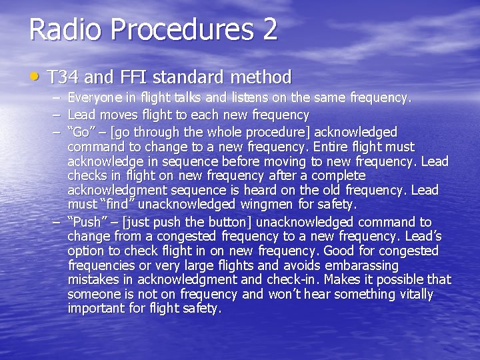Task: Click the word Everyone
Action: pos(94,98)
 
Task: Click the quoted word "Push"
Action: pos(87,222)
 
